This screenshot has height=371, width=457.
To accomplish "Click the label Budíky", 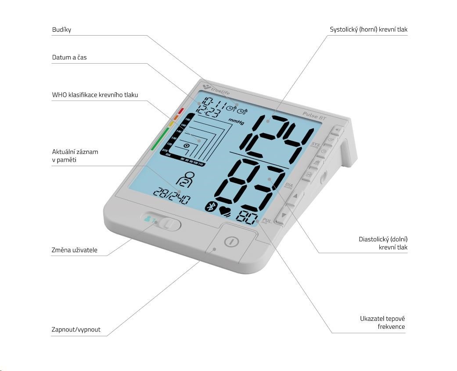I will click(x=61, y=30).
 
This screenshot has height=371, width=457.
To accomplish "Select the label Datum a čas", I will click(x=69, y=57).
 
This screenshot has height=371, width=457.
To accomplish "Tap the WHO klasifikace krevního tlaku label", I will click(x=95, y=95).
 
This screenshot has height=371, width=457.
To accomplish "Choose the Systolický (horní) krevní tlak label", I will click(x=369, y=29).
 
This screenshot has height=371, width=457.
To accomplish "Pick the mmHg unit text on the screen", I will click(x=235, y=120).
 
